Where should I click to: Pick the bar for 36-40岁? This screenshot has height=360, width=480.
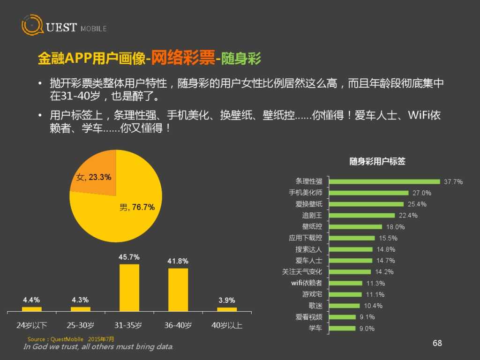click(178, 289)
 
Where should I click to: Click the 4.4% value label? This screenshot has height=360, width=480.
click(32, 300)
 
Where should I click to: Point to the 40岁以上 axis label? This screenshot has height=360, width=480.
click(226, 325)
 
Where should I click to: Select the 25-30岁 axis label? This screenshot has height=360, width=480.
click(81, 325)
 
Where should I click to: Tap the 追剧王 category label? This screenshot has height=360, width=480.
click(312, 215)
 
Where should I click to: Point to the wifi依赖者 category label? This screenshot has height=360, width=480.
click(307, 283)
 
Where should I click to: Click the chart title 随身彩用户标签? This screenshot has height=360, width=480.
click(377, 161)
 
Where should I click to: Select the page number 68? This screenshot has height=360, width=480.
click(437, 343)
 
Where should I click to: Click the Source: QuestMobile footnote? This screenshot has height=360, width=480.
click(70, 339)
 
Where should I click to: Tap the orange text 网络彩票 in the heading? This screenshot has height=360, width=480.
click(183, 59)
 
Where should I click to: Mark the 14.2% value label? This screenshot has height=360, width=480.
click(384, 272)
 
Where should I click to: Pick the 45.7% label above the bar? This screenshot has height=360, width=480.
click(129, 257)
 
